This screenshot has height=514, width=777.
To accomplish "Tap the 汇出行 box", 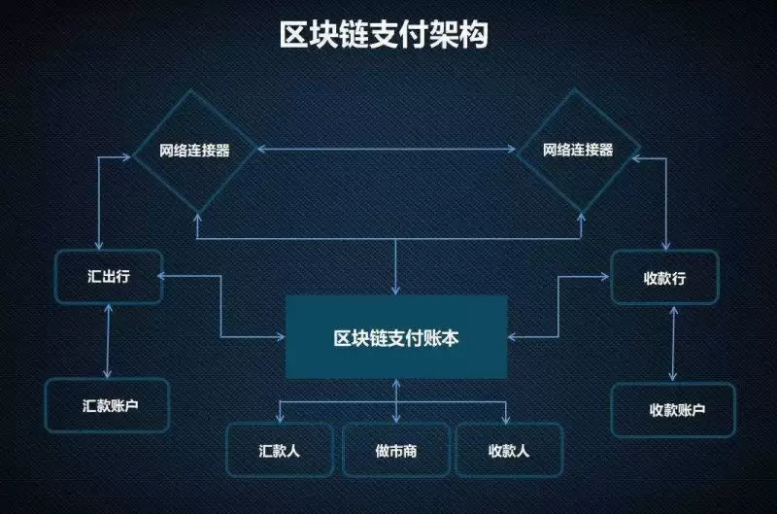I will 107,276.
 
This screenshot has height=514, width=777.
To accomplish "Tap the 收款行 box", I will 664,278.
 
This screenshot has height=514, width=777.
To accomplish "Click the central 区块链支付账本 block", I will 396,336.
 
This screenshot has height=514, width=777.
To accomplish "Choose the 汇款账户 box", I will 107,404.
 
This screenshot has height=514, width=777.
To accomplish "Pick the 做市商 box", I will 396,450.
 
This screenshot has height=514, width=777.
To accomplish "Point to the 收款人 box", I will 509,450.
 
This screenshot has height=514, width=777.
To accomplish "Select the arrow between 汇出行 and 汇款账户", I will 107,339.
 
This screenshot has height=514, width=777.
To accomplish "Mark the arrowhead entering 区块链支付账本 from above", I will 396,290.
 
